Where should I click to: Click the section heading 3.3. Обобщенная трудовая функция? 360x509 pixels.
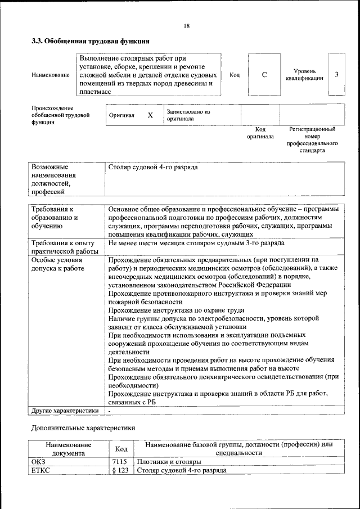90,41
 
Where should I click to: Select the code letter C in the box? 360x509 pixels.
264,75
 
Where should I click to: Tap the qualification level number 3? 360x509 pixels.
336,75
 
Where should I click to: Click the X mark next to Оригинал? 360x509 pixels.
150,115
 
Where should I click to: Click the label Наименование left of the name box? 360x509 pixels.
51,75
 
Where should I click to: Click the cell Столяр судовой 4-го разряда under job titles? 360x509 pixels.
152,168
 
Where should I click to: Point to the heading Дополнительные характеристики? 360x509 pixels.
83,428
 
